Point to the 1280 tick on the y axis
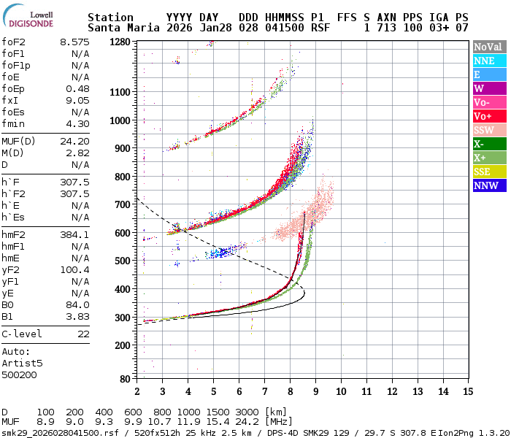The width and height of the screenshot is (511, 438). click(120, 42)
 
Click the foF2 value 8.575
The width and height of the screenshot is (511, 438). click(74, 42)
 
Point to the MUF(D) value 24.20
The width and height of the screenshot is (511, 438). click(74, 142)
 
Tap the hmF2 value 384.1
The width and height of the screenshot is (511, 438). click(74, 235)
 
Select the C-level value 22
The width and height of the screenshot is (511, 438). click(83, 334)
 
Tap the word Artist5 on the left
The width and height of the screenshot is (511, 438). click(22, 363)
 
